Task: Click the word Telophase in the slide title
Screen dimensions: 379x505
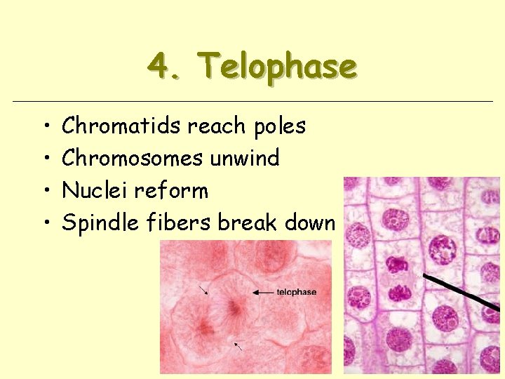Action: click(x=278, y=68)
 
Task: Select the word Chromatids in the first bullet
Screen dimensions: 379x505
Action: click(x=122, y=126)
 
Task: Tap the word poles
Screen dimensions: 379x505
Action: click(x=280, y=126)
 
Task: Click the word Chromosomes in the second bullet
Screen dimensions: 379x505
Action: click(x=133, y=158)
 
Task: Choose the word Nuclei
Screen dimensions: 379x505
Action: click(x=96, y=190)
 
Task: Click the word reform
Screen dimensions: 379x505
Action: click(x=172, y=190)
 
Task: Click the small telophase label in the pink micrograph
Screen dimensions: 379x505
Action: click(x=296, y=292)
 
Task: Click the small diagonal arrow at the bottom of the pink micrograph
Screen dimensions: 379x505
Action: click(x=238, y=345)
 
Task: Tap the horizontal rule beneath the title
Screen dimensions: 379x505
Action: click(x=252, y=102)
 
